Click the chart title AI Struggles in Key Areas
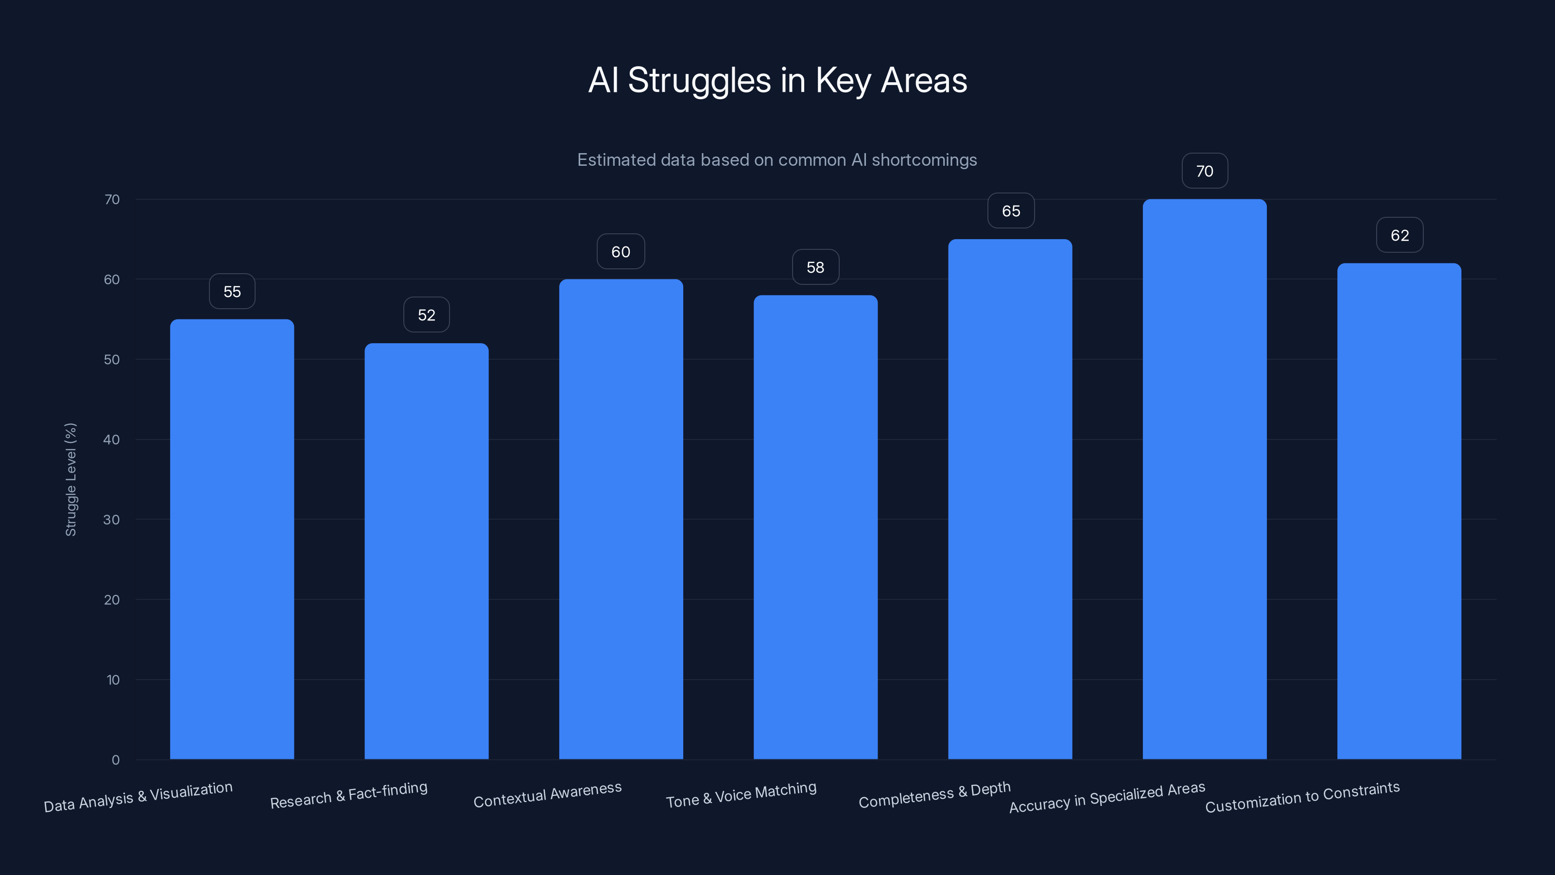(x=777, y=80)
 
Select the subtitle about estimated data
(x=777, y=160)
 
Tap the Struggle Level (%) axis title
(x=70, y=479)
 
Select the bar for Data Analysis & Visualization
(x=232, y=539)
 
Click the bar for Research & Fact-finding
(x=426, y=551)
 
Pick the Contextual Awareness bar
(x=621, y=519)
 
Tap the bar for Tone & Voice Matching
(x=815, y=526)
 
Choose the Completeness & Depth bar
(x=1010, y=499)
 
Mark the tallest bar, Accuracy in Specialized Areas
(x=1204, y=479)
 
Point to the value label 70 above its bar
(x=1204, y=172)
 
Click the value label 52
(x=426, y=315)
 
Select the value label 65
(x=1011, y=211)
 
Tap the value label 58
(x=815, y=267)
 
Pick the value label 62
(x=1399, y=235)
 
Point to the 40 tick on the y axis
(x=111, y=439)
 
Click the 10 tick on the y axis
(x=112, y=680)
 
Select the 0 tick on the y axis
(x=115, y=760)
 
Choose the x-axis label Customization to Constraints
(x=1302, y=797)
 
